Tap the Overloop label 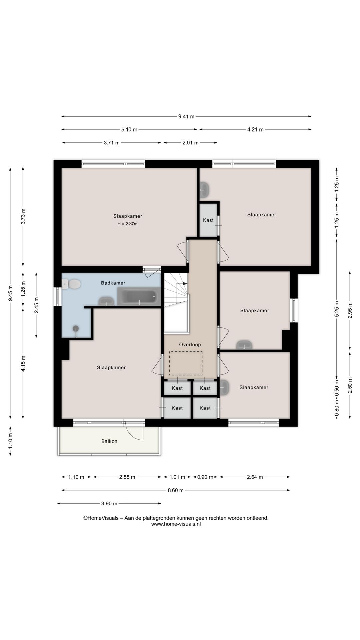click(x=190, y=345)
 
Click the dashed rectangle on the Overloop click(x=186, y=363)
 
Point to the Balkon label click(x=109, y=441)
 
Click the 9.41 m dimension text click(x=186, y=117)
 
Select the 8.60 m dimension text click(x=176, y=490)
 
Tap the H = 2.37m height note click(x=127, y=224)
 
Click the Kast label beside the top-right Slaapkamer click(x=208, y=220)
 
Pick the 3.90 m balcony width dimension click(x=109, y=503)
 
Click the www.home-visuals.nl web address click(x=176, y=524)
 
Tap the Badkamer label click(x=113, y=283)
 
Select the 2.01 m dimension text click(x=190, y=143)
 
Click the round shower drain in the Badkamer click(x=76, y=328)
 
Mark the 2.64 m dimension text click(x=255, y=477)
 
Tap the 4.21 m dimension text click(x=255, y=130)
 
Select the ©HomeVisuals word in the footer click(x=101, y=518)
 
